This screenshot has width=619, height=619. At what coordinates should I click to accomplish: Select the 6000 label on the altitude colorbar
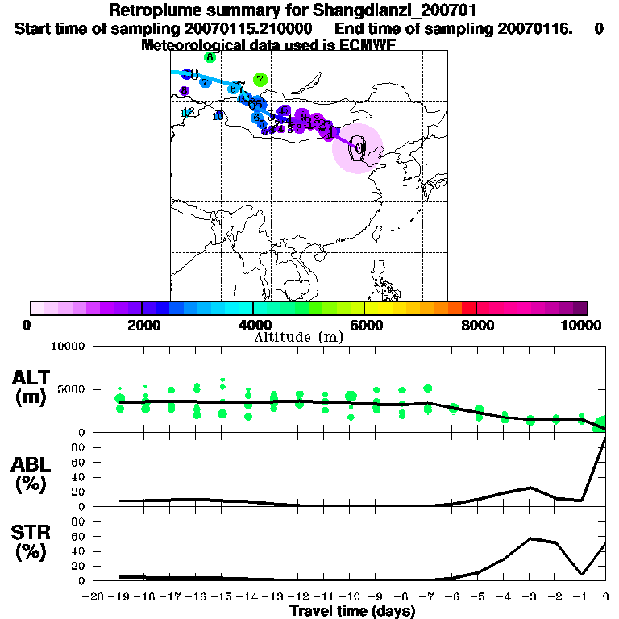[365, 325]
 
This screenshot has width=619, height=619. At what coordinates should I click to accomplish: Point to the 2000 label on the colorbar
[143, 325]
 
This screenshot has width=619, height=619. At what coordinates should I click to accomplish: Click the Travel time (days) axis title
[352, 612]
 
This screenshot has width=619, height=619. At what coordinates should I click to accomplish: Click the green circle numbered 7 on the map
[260, 80]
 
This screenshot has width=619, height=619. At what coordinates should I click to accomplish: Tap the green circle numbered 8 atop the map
[210, 57]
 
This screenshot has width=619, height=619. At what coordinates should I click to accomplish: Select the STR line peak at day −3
[530, 538]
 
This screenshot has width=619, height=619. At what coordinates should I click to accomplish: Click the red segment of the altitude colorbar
[468, 308]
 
